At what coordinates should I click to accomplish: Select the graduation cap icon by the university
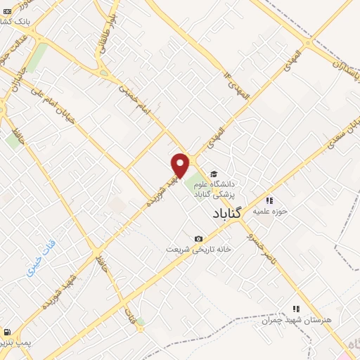pyautogui.click(x=213, y=175)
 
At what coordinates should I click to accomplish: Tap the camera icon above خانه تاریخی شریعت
pyautogui.click(x=199, y=239)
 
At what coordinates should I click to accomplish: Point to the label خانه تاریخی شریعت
pyautogui.click(x=199, y=250)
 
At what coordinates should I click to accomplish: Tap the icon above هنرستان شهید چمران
pyautogui.click(x=296, y=308)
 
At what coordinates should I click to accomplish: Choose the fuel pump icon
pyautogui.click(x=6, y=332)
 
